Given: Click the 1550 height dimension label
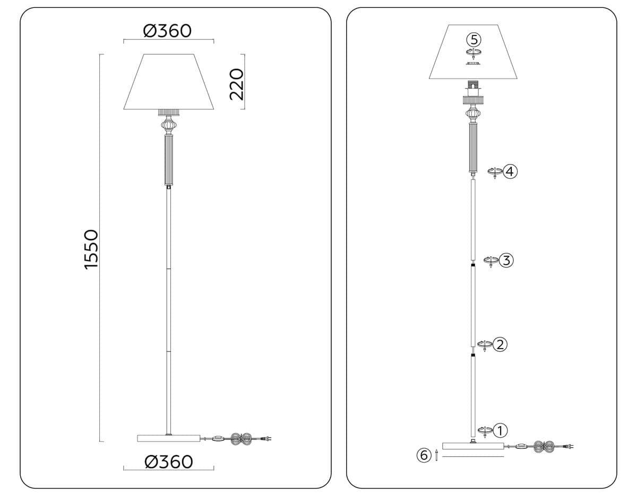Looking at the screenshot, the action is point(91,249).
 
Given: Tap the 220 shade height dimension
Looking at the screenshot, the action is point(237,84).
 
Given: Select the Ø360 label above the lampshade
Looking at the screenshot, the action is point(167,31).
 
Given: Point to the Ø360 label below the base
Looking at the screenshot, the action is point(169,462).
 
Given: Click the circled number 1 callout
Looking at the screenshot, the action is point(500,431).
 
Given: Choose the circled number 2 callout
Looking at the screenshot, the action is point(500,344).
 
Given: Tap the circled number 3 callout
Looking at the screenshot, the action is point(506,260).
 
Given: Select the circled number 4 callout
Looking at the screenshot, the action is point(510,172).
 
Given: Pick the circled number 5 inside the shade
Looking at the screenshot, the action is point(474,40).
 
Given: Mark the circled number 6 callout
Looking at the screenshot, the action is point(424,455).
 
